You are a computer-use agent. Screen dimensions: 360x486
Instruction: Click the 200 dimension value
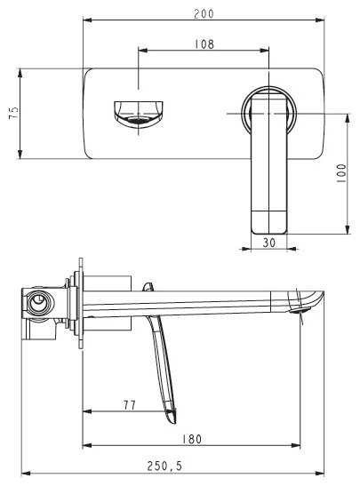(204, 14)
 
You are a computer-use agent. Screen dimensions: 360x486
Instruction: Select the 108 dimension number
(204, 44)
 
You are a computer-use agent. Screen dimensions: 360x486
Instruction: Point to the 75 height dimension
(13, 113)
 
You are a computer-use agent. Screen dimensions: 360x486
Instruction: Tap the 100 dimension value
(341, 173)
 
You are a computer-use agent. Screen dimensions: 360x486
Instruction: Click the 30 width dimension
(268, 243)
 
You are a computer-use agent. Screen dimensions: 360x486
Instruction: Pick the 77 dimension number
(130, 405)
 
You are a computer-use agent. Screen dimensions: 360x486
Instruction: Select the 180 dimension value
(192, 439)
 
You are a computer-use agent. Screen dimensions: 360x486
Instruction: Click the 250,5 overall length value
(164, 466)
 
